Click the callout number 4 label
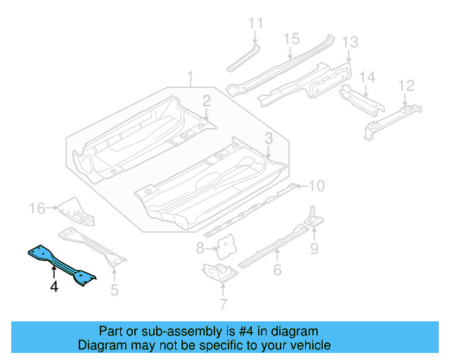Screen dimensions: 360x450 click(x=53, y=286)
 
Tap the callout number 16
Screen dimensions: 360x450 click(x=37, y=208)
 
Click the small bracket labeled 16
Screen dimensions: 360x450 click(x=70, y=208)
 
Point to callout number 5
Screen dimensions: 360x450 click(x=115, y=288)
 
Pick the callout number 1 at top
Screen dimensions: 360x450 click(x=189, y=76)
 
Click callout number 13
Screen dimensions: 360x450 click(x=349, y=42)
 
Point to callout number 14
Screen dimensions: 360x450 click(x=368, y=76)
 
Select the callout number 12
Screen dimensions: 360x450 click(x=406, y=86)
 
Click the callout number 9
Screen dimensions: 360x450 click(x=314, y=247)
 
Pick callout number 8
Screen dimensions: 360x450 click(x=200, y=247)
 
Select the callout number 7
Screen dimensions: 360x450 click(x=223, y=304)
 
